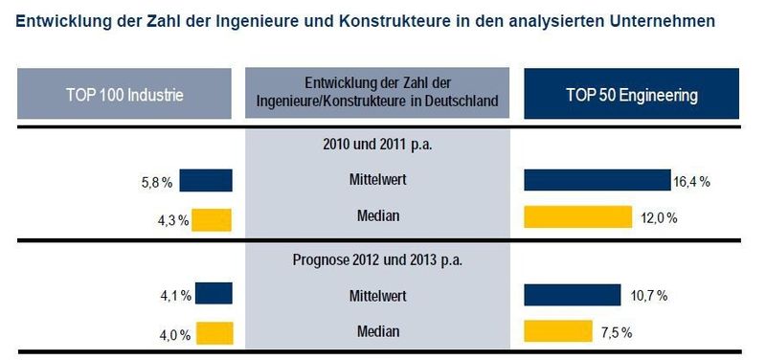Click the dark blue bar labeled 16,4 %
point(597,180)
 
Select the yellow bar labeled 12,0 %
point(577,217)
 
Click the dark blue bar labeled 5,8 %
point(206,180)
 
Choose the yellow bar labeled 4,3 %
point(212,218)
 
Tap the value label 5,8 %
point(158,181)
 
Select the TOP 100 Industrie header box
point(124,95)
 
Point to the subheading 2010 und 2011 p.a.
point(377,146)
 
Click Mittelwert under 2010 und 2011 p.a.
point(377,179)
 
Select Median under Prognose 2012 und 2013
point(377,331)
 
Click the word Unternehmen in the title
point(660,19)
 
